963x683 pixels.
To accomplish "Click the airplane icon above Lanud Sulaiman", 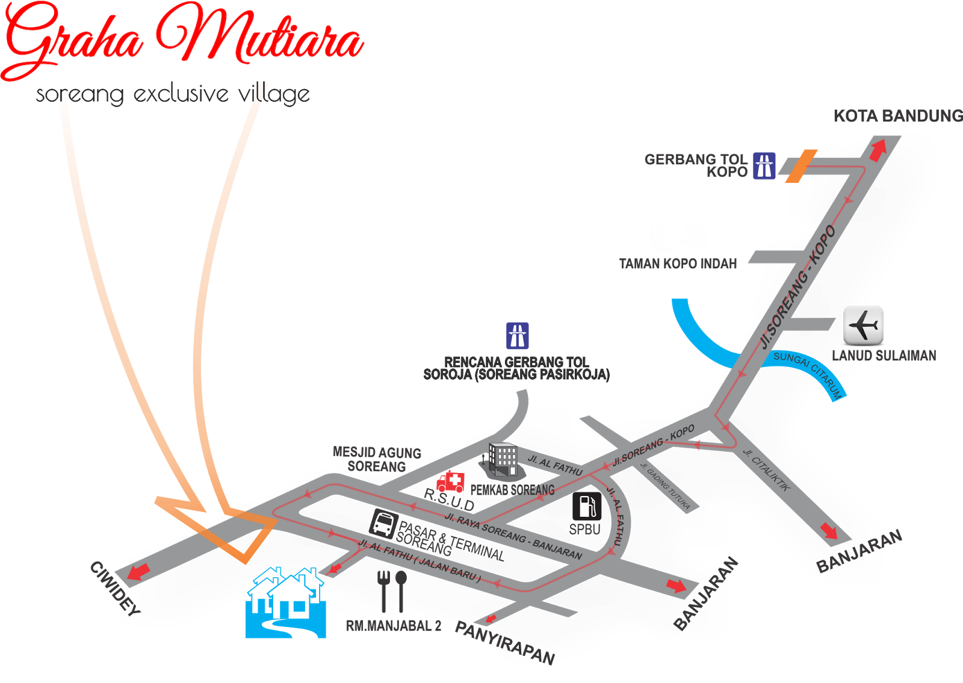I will tap(863, 325).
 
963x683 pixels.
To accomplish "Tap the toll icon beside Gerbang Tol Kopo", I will tap(764, 165).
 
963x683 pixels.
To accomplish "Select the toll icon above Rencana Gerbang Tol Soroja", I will tap(517, 336).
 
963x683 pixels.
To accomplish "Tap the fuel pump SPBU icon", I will tap(587, 506).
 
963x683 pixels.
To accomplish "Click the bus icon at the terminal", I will tap(383, 522).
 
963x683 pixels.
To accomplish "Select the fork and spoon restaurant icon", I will tap(392, 590).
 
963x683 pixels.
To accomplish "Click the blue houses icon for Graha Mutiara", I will tap(286, 602).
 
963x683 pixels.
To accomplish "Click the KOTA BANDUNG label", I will tap(897, 116).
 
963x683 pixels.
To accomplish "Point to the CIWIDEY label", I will tap(115, 588).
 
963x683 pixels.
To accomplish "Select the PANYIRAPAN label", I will tap(504, 643).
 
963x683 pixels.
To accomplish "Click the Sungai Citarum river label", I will tap(808, 372).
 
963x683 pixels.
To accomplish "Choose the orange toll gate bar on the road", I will tap(801, 165).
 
